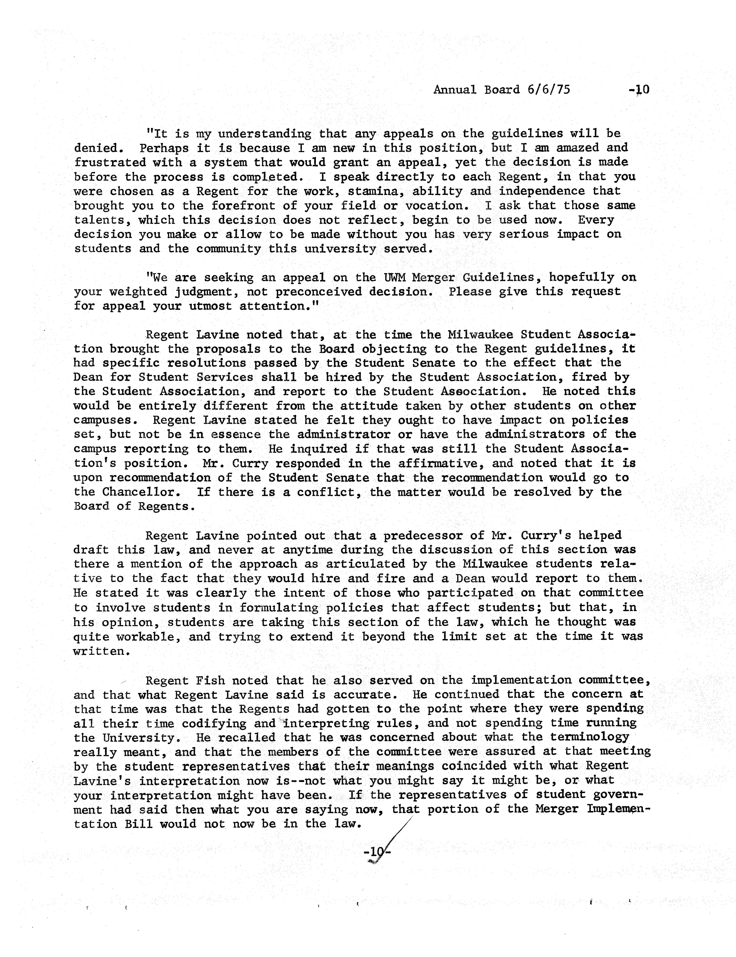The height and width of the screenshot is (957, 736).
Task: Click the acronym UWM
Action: click(396, 277)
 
